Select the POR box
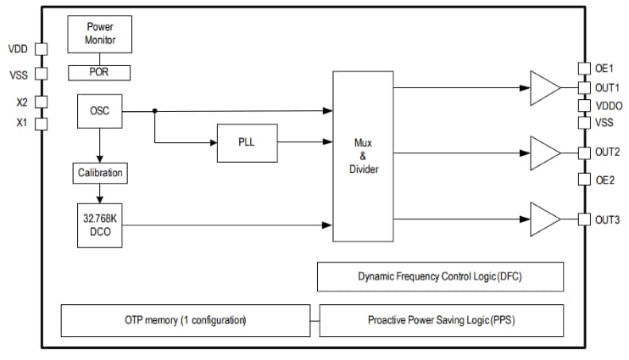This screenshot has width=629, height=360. [x=99, y=72]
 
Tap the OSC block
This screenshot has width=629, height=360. [x=99, y=110]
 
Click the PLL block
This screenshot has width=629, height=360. [x=247, y=142]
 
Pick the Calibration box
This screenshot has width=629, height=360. [x=100, y=174]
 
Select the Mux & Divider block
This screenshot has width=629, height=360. [x=364, y=156]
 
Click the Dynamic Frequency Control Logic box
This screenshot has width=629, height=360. [x=440, y=277]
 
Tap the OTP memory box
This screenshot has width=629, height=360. [x=185, y=320]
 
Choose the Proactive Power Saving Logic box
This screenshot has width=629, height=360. [x=441, y=320]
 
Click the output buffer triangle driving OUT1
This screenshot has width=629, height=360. [x=543, y=87]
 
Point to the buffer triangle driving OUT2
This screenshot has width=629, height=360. [x=543, y=152]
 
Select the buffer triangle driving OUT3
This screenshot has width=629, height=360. [x=543, y=219]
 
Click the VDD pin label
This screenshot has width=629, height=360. [x=18, y=49]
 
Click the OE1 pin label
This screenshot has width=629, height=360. [x=603, y=68]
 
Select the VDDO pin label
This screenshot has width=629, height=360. [x=609, y=106]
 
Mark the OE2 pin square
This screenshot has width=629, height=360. [x=583, y=180]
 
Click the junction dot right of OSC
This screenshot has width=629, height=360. [x=154, y=110]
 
